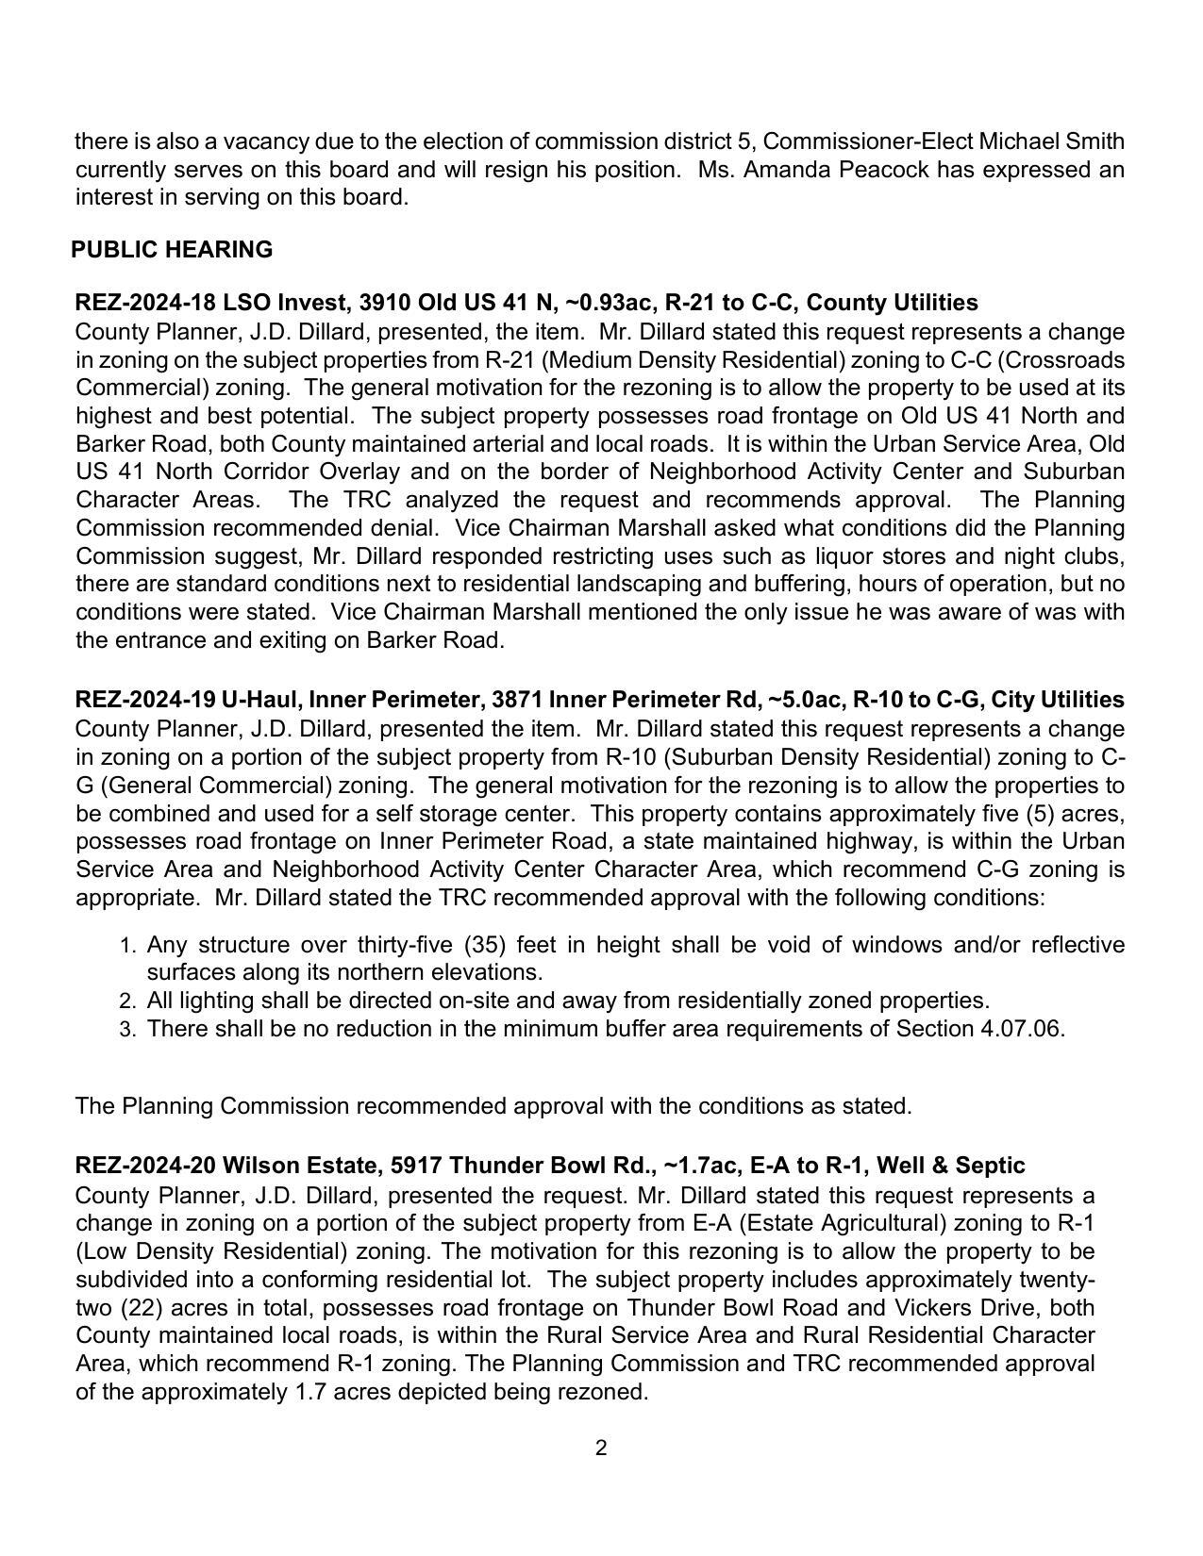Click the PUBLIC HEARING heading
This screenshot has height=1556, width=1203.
[x=172, y=250]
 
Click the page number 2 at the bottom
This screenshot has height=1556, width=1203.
[x=601, y=1448]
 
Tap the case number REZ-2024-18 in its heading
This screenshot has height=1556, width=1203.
[x=145, y=303]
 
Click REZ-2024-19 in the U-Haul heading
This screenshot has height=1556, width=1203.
[x=145, y=700]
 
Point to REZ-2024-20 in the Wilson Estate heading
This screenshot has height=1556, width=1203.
[x=145, y=1166]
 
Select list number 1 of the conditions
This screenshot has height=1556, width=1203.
[x=129, y=946]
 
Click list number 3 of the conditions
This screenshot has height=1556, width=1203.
[x=129, y=1030]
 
